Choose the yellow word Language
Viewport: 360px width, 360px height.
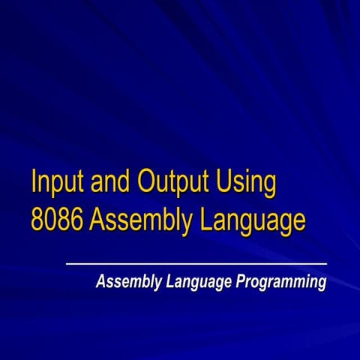point(252,221)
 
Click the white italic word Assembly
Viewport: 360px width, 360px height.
point(124,283)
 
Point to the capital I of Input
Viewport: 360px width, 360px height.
point(34,182)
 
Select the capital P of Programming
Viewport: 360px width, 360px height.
point(242,282)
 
